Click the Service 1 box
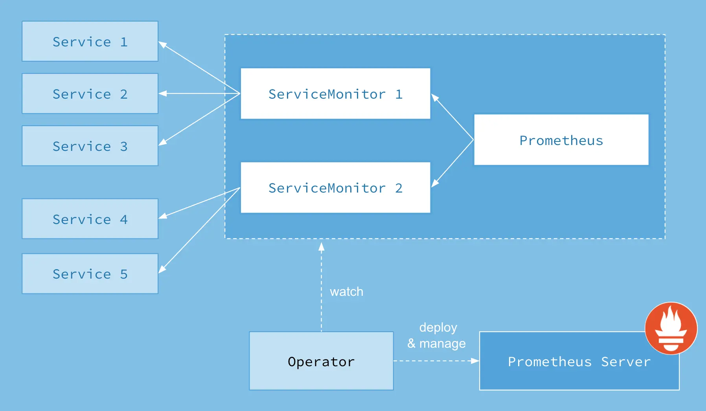point(90,41)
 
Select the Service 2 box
point(90,94)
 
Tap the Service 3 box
point(90,146)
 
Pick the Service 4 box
point(90,219)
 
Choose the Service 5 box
point(90,273)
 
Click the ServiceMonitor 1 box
point(335,94)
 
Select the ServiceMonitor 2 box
point(335,187)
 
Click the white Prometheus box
point(561,140)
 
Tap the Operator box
point(321,361)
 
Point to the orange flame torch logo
point(671,328)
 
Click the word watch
point(346,292)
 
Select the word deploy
point(438,327)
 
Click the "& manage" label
point(436,343)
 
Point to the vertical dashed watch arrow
point(321,287)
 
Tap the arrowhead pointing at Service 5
point(162,270)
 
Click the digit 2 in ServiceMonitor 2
point(399,188)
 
